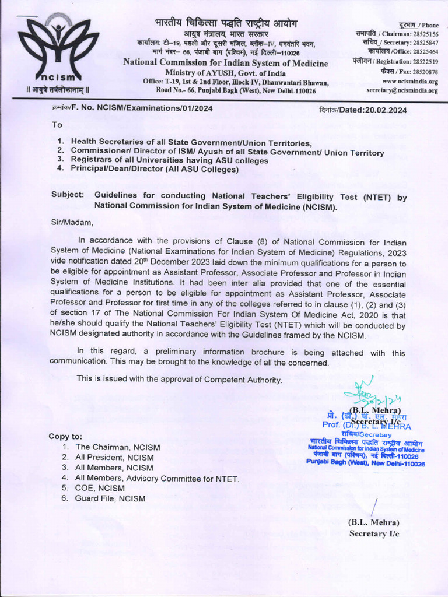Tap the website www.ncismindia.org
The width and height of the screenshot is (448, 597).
click(x=408, y=81)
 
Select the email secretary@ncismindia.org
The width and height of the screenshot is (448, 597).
click(x=402, y=90)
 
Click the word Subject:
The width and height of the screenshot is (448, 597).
click(x=67, y=196)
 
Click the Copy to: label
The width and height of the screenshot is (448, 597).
click(x=65, y=436)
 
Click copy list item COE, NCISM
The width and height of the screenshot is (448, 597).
click(x=100, y=488)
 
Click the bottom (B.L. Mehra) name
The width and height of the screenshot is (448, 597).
click(x=373, y=522)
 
